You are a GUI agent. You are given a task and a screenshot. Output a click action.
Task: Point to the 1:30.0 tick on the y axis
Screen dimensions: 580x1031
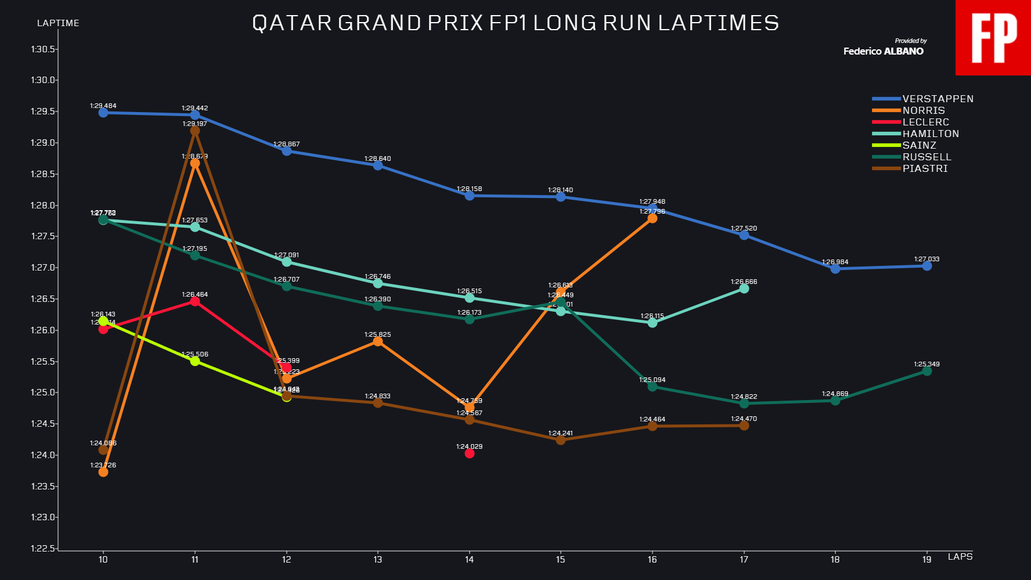(x=43, y=80)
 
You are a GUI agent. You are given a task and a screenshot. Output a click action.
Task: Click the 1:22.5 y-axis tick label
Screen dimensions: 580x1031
(x=43, y=549)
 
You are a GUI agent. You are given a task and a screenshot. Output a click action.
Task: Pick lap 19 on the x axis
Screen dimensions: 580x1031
(x=927, y=560)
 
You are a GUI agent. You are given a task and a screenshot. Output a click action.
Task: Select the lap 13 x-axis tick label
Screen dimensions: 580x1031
(x=377, y=560)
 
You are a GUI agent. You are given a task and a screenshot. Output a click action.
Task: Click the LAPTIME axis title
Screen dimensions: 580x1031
(x=58, y=23)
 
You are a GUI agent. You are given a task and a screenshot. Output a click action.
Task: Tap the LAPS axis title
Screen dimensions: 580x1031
(x=960, y=557)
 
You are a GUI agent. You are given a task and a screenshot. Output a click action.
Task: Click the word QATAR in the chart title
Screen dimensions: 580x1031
(x=291, y=23)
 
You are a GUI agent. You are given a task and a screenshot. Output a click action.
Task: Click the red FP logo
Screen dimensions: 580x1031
(x=993, y=38)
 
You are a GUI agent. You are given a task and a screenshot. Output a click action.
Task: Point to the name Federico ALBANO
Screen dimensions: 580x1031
(x=883, y=51)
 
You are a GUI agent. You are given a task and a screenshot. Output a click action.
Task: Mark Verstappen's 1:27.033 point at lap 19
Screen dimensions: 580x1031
(x=927, y=266)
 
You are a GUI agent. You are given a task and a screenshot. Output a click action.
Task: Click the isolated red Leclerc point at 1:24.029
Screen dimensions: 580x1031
(x=470, y=453)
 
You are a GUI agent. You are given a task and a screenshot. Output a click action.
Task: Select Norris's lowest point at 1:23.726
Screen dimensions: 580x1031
(x=103, y=472)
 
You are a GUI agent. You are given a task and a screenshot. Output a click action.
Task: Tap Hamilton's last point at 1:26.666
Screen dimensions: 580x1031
(x=744, y=289)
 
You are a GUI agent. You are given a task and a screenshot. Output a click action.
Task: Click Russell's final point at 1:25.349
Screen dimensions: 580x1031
(x=927, y=371)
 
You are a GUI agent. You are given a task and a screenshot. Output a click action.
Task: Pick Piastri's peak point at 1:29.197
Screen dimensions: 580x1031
(x=195, y=131)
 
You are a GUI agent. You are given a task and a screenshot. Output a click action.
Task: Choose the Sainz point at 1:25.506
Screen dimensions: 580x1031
(x=195, y=361)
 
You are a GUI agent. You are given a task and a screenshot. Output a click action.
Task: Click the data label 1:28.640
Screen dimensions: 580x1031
(x=377, y=158)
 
